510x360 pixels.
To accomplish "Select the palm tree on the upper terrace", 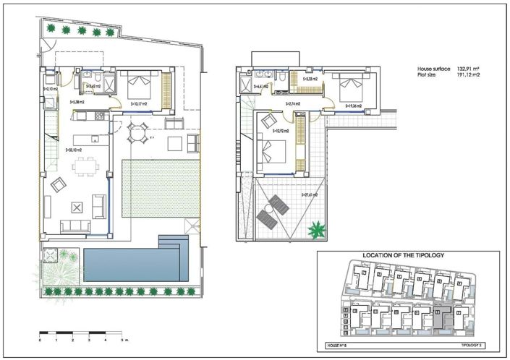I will tap(316, 231).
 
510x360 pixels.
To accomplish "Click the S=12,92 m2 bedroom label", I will tap(281, 131).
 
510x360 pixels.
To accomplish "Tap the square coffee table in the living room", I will tap(77, 207).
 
